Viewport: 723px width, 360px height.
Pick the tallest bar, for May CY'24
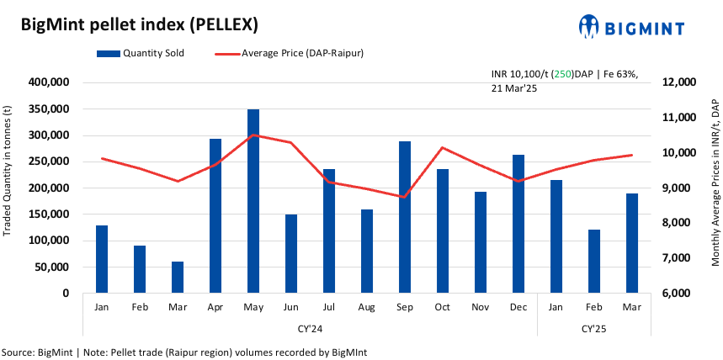coord(253,202)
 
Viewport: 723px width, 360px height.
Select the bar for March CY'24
coord(178,278)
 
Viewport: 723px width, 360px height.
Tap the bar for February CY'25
coord(594,262)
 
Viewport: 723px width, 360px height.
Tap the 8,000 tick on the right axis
coord(678,223)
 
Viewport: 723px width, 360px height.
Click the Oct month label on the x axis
coord(443,309)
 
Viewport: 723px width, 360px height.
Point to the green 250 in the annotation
coord(562,74)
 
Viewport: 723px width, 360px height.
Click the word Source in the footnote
coord(19,352)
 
